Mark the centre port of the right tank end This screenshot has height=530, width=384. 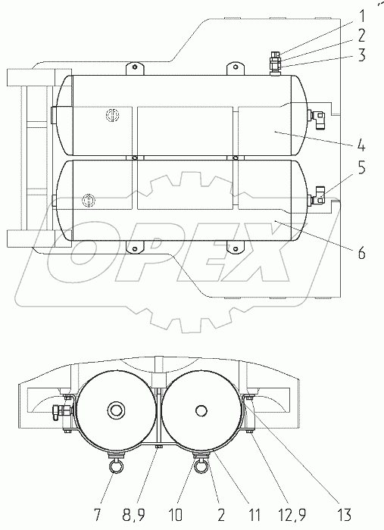(x=200, y=410)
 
